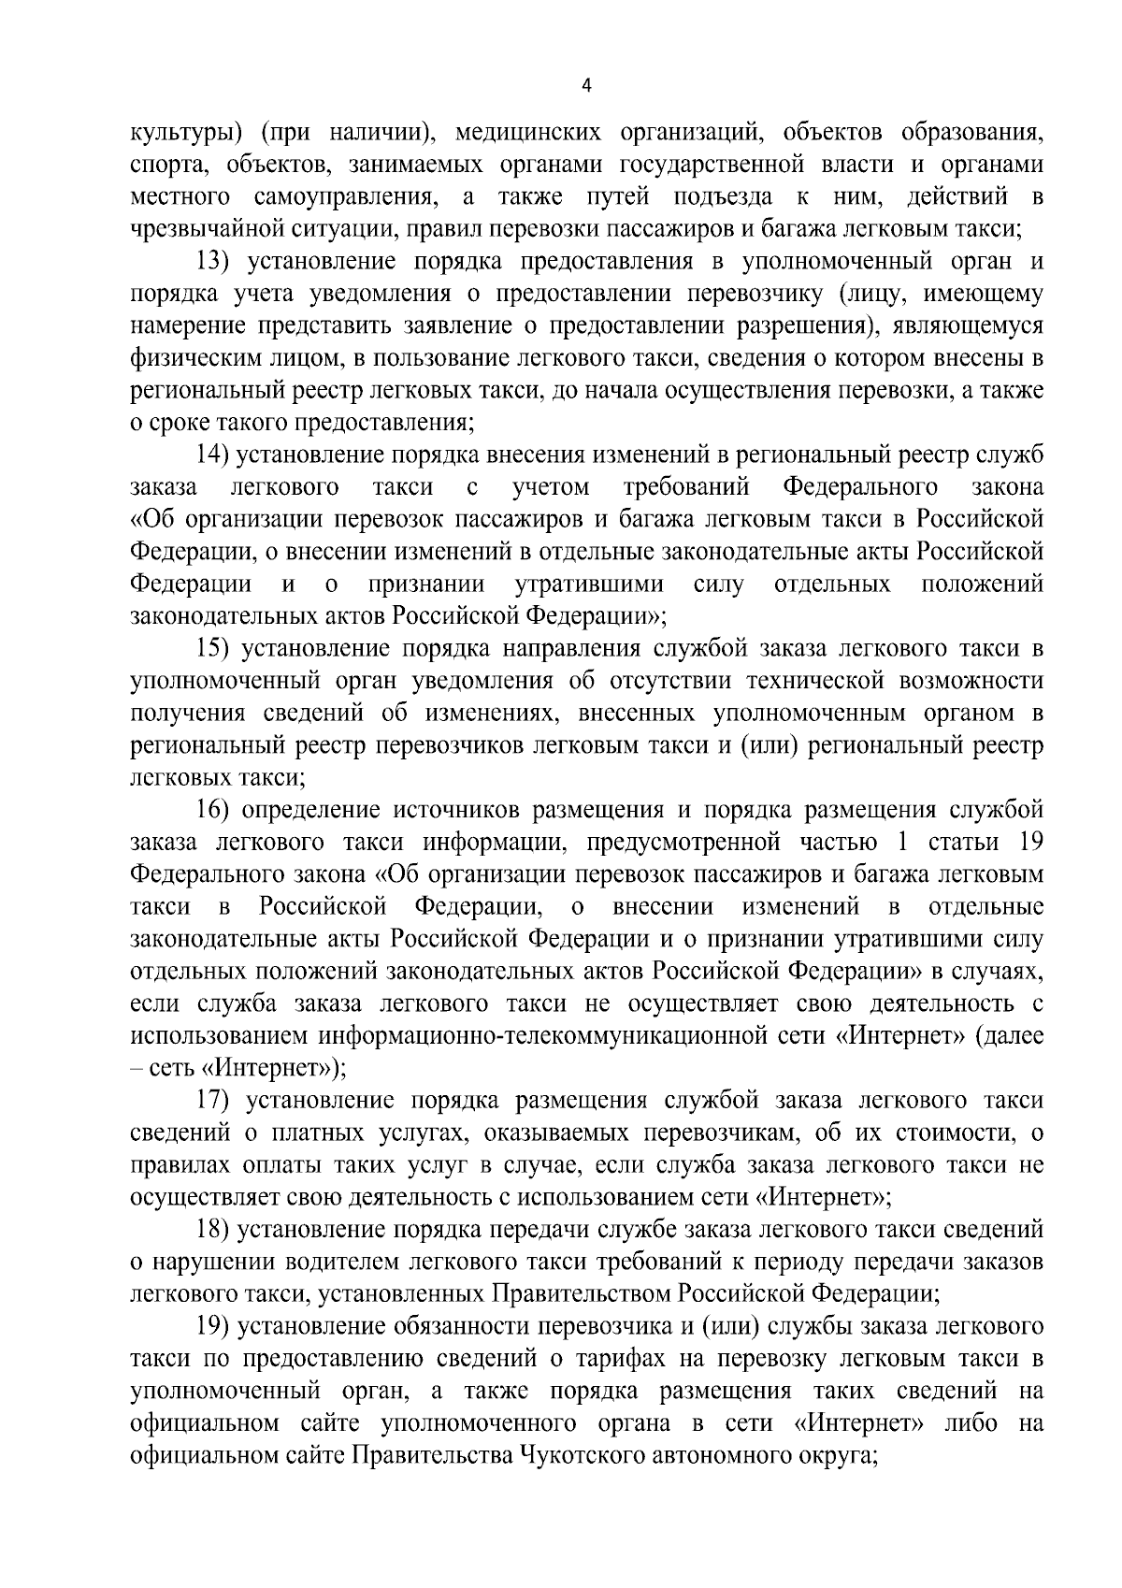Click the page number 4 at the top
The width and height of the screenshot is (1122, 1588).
[586, 85]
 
